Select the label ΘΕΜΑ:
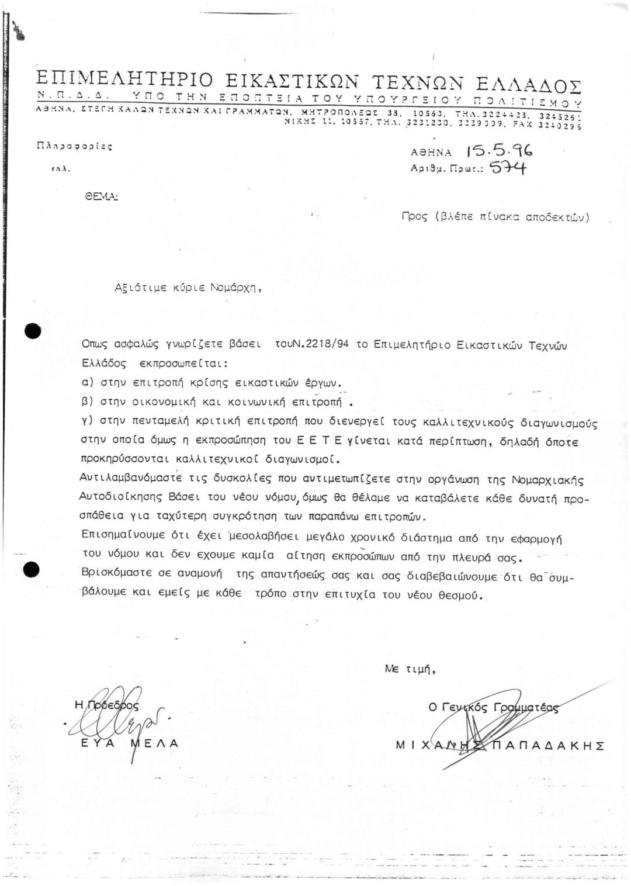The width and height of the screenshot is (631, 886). pos(102,198)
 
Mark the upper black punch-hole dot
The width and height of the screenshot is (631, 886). pos(33,331)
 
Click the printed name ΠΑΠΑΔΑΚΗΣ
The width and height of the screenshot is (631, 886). pos(549,745)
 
